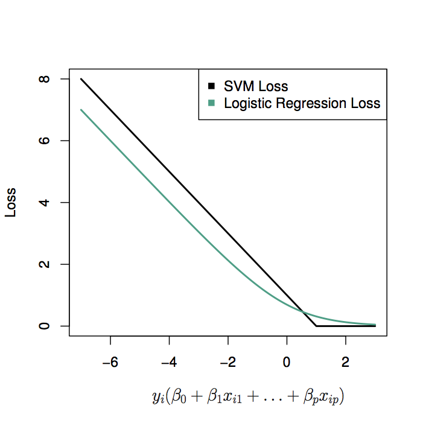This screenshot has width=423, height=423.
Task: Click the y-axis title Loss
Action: tap(11, 202)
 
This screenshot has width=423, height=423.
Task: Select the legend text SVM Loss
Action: tap(256, 87)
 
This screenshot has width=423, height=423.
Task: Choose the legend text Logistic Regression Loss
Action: tap(302, 103)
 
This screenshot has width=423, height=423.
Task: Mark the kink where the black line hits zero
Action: tap(316, 326)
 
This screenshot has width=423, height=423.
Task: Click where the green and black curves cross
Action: tap(304, 314)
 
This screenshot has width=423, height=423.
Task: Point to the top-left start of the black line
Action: tap(81, 79)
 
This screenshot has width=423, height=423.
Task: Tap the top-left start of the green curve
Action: tap(81, 110)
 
